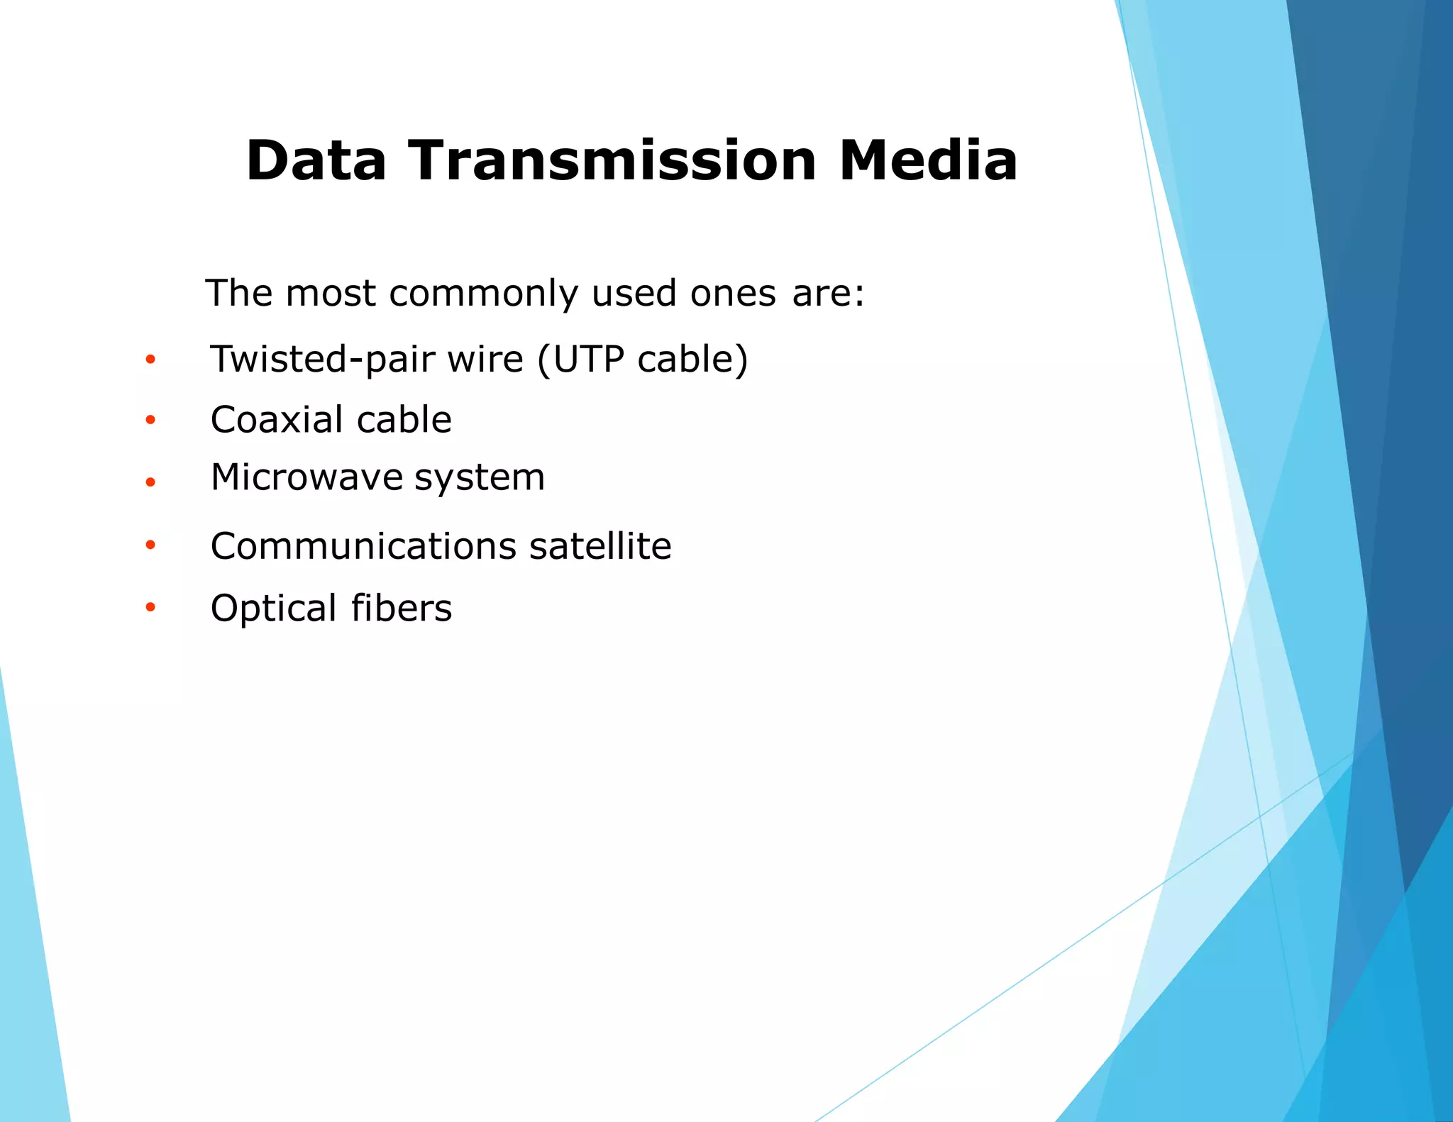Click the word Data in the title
316,161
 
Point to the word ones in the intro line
733,294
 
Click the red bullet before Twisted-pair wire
150,360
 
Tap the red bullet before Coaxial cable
150,421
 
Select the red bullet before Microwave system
150,482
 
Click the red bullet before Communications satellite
150,545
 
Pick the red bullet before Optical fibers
150,607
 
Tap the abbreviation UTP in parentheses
588,360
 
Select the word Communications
363,546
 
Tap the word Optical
273,609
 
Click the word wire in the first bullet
485,360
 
